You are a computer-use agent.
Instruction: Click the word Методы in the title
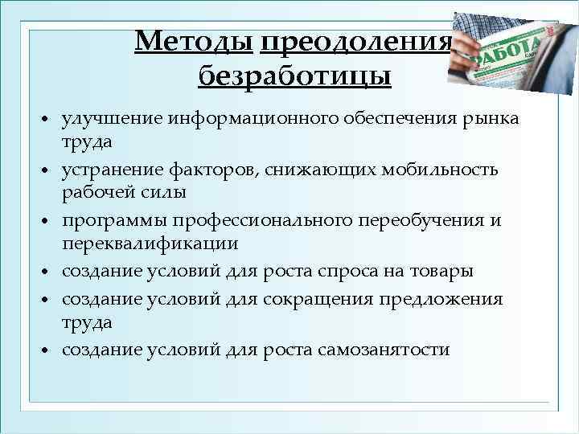tap(194, 40)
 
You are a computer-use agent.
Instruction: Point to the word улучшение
tap(113, 119)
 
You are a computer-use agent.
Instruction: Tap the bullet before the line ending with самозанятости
tap(49, 351)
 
